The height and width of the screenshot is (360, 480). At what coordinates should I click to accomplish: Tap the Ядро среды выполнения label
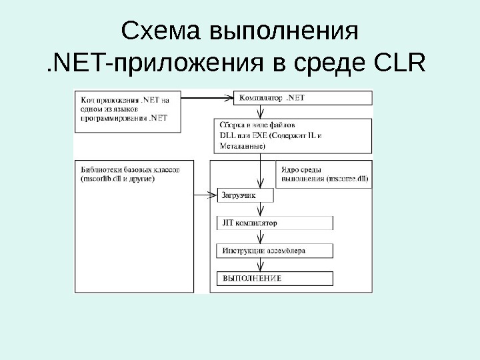pyautogui.click(x=323, y=175)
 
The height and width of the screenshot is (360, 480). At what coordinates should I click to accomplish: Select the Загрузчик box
pyautogui.click(x=245, y=195)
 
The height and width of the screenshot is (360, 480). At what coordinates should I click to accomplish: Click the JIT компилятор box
pyautogui.click(x=274, y=223)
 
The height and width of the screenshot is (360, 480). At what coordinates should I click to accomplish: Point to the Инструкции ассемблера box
pyautogui.click(x=274, y=251)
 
